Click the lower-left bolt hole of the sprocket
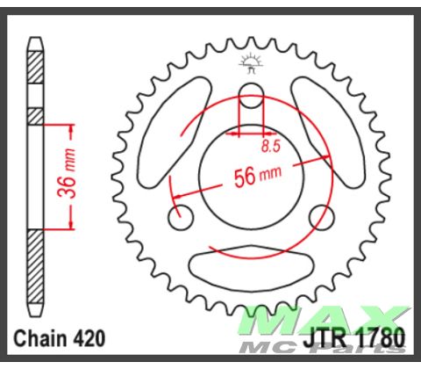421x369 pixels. (x=182, y=215)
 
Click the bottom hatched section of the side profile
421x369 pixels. (x=35, y=263)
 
